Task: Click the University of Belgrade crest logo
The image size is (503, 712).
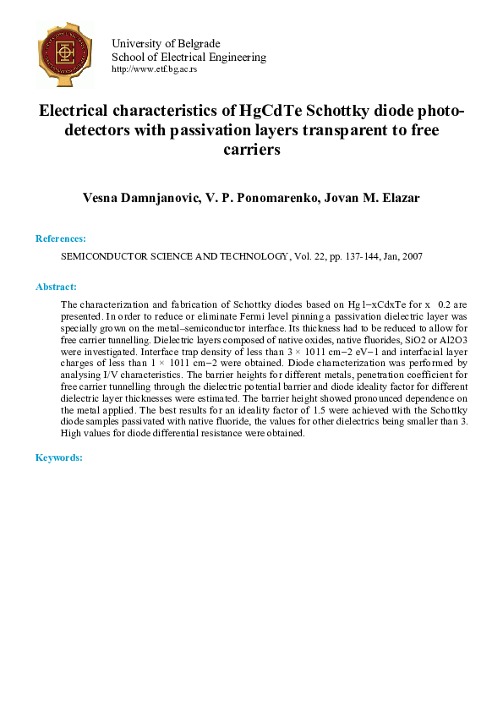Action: tap(64, 52)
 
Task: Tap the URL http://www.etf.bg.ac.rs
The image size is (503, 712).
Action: tap(154, 69)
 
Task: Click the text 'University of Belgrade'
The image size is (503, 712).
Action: tap(166, 43)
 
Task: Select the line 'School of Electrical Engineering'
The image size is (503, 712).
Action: tap(189, 57)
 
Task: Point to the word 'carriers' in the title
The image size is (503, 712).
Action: tap(251, 150)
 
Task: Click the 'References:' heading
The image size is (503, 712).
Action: tap(61, 239)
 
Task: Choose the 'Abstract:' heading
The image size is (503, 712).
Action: tap(56, 288)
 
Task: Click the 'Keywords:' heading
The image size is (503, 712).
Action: tap(58, 457)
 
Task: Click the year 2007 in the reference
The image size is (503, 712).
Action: tap(411, 255)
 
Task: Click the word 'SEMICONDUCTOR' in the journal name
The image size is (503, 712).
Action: tap(104, 255)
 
